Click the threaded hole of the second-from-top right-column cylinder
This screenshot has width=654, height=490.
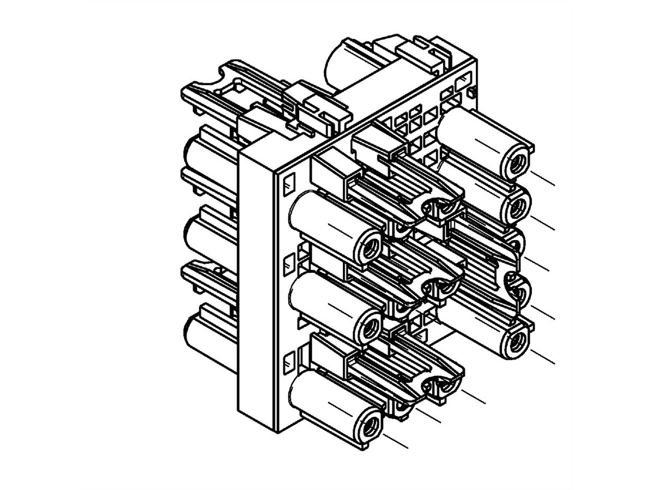517,205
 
